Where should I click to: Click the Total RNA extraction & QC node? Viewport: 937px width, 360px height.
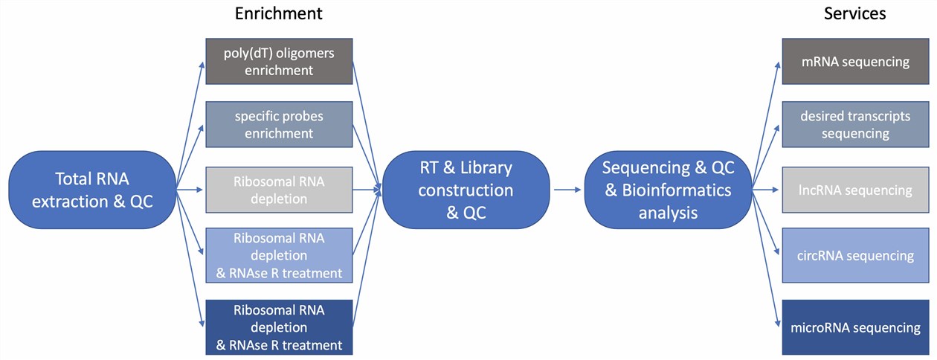(x=93, y=190)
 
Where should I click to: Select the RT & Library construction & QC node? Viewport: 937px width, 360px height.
(x=466, y=190)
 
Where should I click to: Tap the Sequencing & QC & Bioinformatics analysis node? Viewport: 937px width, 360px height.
(x=668, y=190)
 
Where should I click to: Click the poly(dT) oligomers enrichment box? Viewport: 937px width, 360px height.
(x=279, y=61)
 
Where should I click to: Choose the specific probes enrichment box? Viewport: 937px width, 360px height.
(x=279, y=125)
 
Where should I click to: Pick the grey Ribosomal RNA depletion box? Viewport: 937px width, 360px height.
(x=279, y=190)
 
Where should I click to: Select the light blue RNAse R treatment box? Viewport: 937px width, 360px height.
(x=279, y=255)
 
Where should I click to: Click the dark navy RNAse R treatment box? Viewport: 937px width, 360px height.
(x=279, y=327)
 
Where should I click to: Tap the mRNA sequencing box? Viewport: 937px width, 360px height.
(x=854, y=62)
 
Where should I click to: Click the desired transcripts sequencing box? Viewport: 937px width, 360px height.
(x=854, y=125)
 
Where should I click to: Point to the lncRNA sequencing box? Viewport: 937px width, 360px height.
(x=854, y=190)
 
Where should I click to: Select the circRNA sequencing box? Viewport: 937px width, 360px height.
(x=854, y=255)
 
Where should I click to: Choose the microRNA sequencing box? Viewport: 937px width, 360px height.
(x=854, y=327)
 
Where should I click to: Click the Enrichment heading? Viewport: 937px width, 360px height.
(x=278, y=13)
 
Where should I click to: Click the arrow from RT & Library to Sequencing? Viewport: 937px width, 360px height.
(x=567, y=190)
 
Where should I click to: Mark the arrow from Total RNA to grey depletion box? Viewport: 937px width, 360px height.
(x=190, y=190)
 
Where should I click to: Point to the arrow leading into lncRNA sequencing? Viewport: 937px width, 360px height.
(x=766, y=190)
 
